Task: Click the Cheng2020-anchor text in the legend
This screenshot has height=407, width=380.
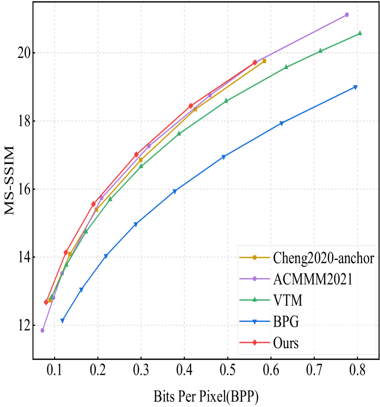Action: tap(323, 257)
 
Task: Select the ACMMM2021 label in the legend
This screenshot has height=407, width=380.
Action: tap(313, 279)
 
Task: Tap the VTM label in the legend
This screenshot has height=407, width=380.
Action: tap(288, 300)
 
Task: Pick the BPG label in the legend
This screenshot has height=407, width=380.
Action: tap(286, 322)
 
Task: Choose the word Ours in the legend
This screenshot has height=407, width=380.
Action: tap(286, 343)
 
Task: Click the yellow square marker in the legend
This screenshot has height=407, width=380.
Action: tap(255, 257)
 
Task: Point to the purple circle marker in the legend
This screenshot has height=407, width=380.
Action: tap(255, 279)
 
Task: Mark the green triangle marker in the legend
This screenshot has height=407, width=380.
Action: tap(255, 300)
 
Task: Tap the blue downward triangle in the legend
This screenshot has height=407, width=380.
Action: tap(255, 322)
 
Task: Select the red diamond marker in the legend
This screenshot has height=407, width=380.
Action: tap(255, 343)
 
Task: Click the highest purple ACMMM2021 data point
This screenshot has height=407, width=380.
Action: tap(346, 15)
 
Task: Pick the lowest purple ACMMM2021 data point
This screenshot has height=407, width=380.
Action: tap(42, 330)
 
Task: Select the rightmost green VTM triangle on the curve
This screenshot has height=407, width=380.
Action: tap(359, 33)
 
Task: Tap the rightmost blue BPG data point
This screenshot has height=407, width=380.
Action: tap(355, 87)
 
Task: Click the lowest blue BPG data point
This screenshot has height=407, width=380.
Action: tap(63, 321)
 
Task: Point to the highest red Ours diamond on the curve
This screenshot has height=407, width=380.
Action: tap(254, 63)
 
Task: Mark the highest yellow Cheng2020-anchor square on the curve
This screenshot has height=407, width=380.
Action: tap(264, 61)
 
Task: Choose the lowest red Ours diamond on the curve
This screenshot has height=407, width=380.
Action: tap(46, 302)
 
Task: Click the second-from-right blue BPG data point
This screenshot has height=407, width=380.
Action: tap(281, 124)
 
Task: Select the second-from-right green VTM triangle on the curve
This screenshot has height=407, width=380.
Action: tap(320, 50)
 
